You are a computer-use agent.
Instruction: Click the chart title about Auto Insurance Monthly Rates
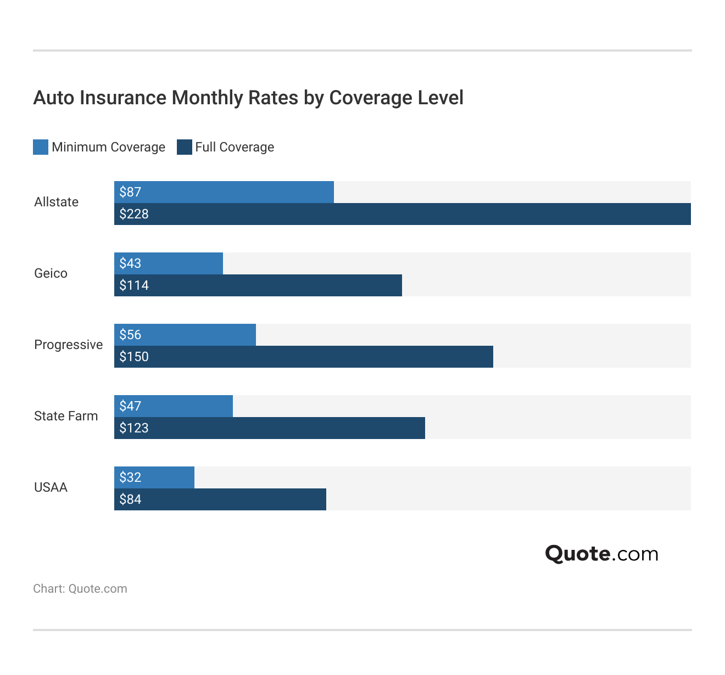coord(248,98)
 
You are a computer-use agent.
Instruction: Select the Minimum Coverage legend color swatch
coord(41,147)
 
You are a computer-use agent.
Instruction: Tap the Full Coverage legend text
coord(235,147)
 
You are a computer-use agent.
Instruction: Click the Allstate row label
coord(56,202)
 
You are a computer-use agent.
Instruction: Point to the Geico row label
coord(51,273)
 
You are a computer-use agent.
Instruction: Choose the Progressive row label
coord(68,345)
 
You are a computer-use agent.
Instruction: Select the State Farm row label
coord(66,416)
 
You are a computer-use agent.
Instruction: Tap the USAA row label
coord(51,487)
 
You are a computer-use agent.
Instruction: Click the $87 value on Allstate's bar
coord(131,192)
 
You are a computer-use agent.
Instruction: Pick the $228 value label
coord(134,214)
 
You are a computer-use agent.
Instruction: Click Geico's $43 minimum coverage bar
coord(169,263)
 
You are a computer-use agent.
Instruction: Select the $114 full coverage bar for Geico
coord(258,285)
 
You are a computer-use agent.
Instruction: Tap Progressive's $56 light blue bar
coord(185,335)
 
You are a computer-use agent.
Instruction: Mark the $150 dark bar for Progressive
coord(304,357)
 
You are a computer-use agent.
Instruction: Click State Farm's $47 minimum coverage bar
coord(174,406)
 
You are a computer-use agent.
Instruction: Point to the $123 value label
coord(134,428)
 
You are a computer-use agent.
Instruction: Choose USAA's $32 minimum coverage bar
coord(154,477)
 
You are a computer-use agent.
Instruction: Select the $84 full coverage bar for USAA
coord(220,499)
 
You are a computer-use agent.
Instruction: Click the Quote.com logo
coord(601,554)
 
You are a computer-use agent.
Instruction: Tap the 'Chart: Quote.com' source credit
coord(80,589)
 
